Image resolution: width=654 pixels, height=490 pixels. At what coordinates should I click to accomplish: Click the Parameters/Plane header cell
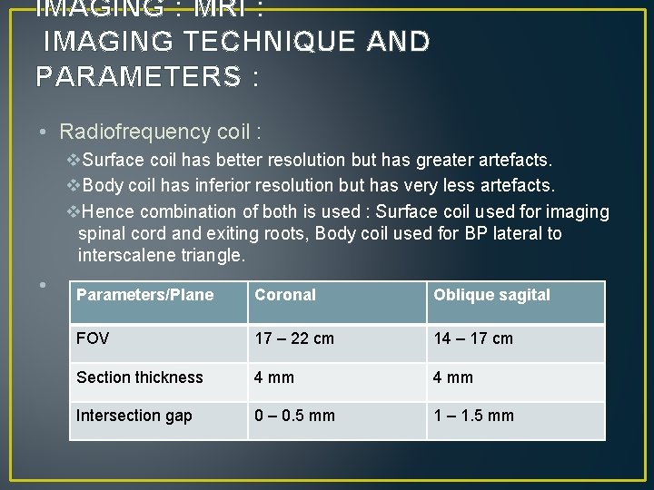(x=145, y=295)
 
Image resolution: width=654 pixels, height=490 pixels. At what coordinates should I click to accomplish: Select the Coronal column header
(x=285, y=295)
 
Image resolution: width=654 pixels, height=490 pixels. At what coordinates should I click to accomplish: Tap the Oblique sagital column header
(x=491, y=295)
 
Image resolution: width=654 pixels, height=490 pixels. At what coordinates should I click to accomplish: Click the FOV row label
(x=93, y=338)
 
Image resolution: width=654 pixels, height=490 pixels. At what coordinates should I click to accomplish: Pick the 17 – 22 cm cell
(x=294, y=338)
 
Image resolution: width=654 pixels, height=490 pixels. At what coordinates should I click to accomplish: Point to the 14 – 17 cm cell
(x=473, y=338)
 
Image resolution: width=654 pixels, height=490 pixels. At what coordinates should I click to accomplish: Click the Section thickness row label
(x=140, y=377)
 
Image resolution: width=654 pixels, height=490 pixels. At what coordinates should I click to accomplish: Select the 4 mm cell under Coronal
(x=274, y=377)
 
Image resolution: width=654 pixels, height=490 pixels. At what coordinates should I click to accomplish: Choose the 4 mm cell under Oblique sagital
(x=453, y=377)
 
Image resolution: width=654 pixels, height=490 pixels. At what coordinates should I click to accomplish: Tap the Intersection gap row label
(x=134, y=416)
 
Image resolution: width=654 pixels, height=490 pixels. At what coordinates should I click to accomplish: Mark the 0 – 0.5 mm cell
(x=294, y=416)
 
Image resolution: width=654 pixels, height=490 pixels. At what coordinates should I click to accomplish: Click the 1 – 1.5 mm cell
(x=473, y=416)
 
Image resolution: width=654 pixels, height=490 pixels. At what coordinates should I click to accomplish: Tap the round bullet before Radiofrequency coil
(x=44, y=132)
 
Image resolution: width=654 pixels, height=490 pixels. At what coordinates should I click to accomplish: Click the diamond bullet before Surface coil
(x=74, y=161)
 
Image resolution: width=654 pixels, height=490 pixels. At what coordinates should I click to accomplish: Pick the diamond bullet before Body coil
(x=74, y=186)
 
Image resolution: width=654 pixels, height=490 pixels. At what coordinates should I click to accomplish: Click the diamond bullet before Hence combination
(x=74, y=211)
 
